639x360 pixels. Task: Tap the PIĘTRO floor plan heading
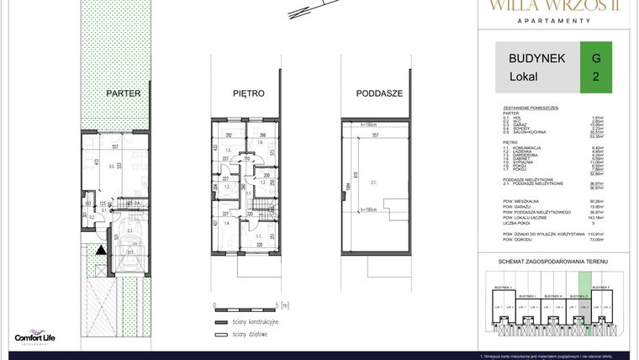click(249, 93)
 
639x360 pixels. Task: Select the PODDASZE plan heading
click(379, 93)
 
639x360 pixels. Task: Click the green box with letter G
click(596, 67)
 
